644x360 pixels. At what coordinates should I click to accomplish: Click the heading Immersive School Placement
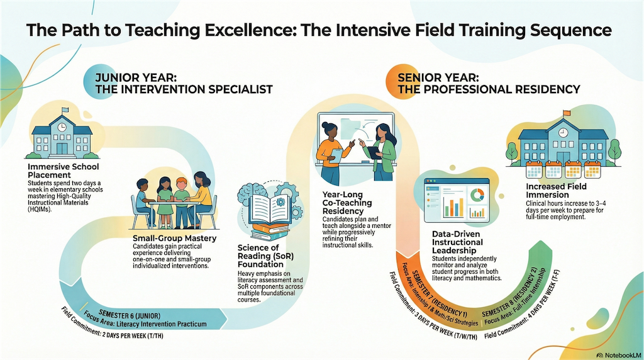[x=64, y=171]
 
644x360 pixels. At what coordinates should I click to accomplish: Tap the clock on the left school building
[x=62, y=127]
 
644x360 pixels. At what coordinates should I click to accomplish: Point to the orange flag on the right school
[x=567, y=113]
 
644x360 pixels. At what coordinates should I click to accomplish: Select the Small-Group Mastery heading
[x=175, y=239]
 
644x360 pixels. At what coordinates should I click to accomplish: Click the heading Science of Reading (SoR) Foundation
[x=266, y=256]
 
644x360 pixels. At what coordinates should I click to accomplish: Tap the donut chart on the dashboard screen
[x=477, y=194]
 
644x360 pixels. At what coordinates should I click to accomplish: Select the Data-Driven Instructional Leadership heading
[x=457, y=242]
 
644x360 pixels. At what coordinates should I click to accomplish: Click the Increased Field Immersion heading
[x=556, y=190]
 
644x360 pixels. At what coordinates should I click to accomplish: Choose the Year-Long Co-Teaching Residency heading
[x=347, y=203]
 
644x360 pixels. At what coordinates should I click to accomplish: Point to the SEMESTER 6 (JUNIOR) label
[x=130, y=315]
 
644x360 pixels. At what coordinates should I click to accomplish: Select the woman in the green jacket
[x=379, y=152]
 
